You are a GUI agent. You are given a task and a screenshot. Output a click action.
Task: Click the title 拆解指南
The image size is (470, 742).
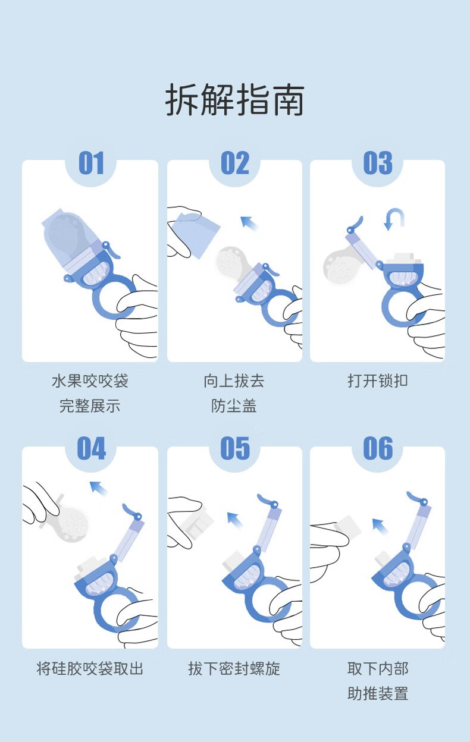[234, 99]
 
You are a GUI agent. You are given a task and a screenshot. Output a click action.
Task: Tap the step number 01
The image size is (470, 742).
[91, 163]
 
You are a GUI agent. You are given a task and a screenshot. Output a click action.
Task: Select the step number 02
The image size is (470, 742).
[235, 163]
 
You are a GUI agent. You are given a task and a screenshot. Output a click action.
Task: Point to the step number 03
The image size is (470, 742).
[378, 163]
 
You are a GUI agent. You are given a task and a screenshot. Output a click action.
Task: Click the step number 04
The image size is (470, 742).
[92, 448]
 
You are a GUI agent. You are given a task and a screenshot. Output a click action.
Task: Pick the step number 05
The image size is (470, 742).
[235, 448]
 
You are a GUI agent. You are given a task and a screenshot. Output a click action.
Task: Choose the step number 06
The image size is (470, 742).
[378, 448]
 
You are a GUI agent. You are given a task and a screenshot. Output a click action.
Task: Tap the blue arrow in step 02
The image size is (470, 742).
[249, 222]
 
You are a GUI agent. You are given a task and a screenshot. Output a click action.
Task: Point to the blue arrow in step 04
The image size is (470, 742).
[98, 488]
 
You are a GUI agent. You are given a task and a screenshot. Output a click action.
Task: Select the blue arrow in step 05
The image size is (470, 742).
[235, 520]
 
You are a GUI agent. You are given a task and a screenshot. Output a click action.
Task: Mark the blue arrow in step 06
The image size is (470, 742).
[380, 526]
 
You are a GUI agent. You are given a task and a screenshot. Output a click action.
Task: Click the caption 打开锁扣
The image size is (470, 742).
[378, 381]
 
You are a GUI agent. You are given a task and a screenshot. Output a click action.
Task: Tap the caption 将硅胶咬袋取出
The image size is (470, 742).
[90, 668]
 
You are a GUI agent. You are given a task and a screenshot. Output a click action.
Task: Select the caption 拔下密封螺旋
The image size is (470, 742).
[234, 668]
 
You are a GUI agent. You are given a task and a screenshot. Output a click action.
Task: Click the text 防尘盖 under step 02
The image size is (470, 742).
[234, 405]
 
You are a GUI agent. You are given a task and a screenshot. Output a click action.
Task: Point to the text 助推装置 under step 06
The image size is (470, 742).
[378, 693]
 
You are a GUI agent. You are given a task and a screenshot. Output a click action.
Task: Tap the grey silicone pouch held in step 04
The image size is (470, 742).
[71, 523]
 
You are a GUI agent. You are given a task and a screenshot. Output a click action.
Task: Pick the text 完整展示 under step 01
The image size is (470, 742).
[90, 405]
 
